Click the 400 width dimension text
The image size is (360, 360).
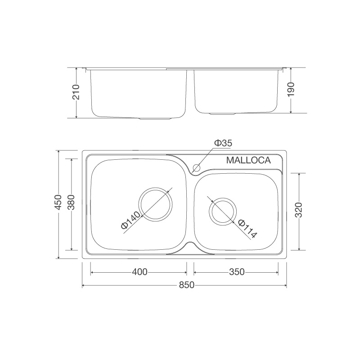click(x=139, y=272)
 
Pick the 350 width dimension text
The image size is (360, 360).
click(x=236, y=272)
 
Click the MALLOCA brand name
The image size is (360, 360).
click(x=248, y=160)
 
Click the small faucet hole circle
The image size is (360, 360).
click(x=196, y=168)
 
